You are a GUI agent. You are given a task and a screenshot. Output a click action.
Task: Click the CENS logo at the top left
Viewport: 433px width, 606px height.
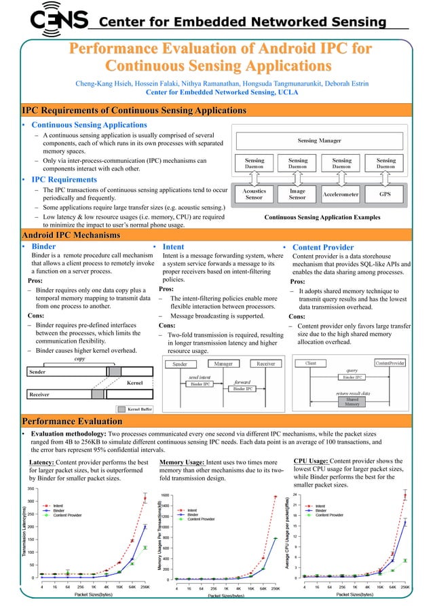(58, 20)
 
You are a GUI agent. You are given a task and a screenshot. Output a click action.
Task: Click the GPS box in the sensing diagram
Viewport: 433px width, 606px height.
(385, 193)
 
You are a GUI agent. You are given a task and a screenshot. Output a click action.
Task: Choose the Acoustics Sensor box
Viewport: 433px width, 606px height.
(254, 194)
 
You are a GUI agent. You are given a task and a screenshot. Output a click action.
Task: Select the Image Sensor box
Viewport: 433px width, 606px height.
(297, 194)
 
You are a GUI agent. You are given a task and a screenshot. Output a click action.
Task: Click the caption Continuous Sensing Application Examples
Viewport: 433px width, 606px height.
(322, 217)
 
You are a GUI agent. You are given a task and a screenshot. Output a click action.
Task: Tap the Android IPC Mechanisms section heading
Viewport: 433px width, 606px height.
(71, 235)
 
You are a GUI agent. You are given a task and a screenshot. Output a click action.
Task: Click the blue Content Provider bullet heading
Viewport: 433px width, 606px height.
(322, 248)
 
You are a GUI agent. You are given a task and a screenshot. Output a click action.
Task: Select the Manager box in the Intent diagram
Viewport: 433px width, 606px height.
(223, 364)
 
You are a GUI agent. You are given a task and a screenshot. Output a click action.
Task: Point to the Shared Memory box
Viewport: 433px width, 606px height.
(352, 402)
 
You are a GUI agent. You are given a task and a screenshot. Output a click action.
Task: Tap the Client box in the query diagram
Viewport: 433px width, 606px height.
(312, 364)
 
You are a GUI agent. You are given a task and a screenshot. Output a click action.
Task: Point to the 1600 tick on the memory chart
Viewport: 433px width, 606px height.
(164, 495)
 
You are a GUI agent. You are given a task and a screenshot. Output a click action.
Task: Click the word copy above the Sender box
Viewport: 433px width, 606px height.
(79, 359)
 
